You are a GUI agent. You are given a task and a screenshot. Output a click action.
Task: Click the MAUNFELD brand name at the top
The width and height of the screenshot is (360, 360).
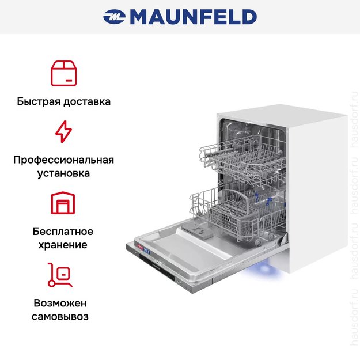coord(193,17)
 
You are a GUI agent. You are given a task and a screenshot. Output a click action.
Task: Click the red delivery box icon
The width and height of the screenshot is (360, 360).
coord(63,72)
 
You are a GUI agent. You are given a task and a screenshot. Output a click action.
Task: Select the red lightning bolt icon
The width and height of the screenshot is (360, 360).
coord(63,131)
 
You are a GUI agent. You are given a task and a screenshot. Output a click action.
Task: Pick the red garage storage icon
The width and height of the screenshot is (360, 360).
coord(63,203)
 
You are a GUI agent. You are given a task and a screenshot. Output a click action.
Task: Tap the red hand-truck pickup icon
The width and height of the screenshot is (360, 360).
coord(60,275)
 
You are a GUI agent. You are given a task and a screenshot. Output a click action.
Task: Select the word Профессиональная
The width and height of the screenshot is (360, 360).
coord(63,160)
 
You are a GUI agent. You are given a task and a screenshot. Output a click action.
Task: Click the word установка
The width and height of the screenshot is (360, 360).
coord(63,173)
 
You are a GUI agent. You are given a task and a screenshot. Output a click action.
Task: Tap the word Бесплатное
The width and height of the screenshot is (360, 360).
coord(63,232)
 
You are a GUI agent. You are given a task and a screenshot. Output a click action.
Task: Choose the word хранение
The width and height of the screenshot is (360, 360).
coord(63,245)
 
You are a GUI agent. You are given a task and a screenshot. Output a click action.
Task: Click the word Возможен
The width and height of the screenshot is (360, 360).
coord(61,303)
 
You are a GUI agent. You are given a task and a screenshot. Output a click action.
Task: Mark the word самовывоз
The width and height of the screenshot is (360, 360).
coord(61,316)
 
